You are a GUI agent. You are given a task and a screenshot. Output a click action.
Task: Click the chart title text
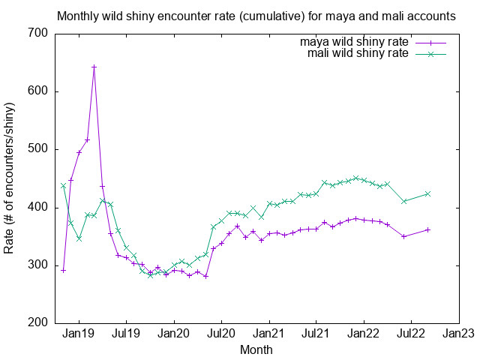coord(256,16)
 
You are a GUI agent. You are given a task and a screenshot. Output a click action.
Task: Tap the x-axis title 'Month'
coord(256,349)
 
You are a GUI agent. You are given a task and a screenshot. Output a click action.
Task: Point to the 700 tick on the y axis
coord(38,34)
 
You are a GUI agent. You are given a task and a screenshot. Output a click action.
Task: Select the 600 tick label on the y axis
coord(38,91)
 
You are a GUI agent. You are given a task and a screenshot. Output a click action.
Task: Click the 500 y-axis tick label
coord(38,149)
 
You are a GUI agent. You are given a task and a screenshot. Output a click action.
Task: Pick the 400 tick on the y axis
coord(38,208)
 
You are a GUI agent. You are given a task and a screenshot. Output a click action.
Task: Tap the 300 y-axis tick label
coord(38,265)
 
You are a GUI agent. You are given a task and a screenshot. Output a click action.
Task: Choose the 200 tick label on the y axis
coord(38,323)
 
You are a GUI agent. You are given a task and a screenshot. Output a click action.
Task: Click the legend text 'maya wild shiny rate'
coord(355,42)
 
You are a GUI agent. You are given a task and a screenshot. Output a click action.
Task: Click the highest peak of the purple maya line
coord(94,67)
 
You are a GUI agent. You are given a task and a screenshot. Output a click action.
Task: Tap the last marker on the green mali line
coord(428,193)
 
